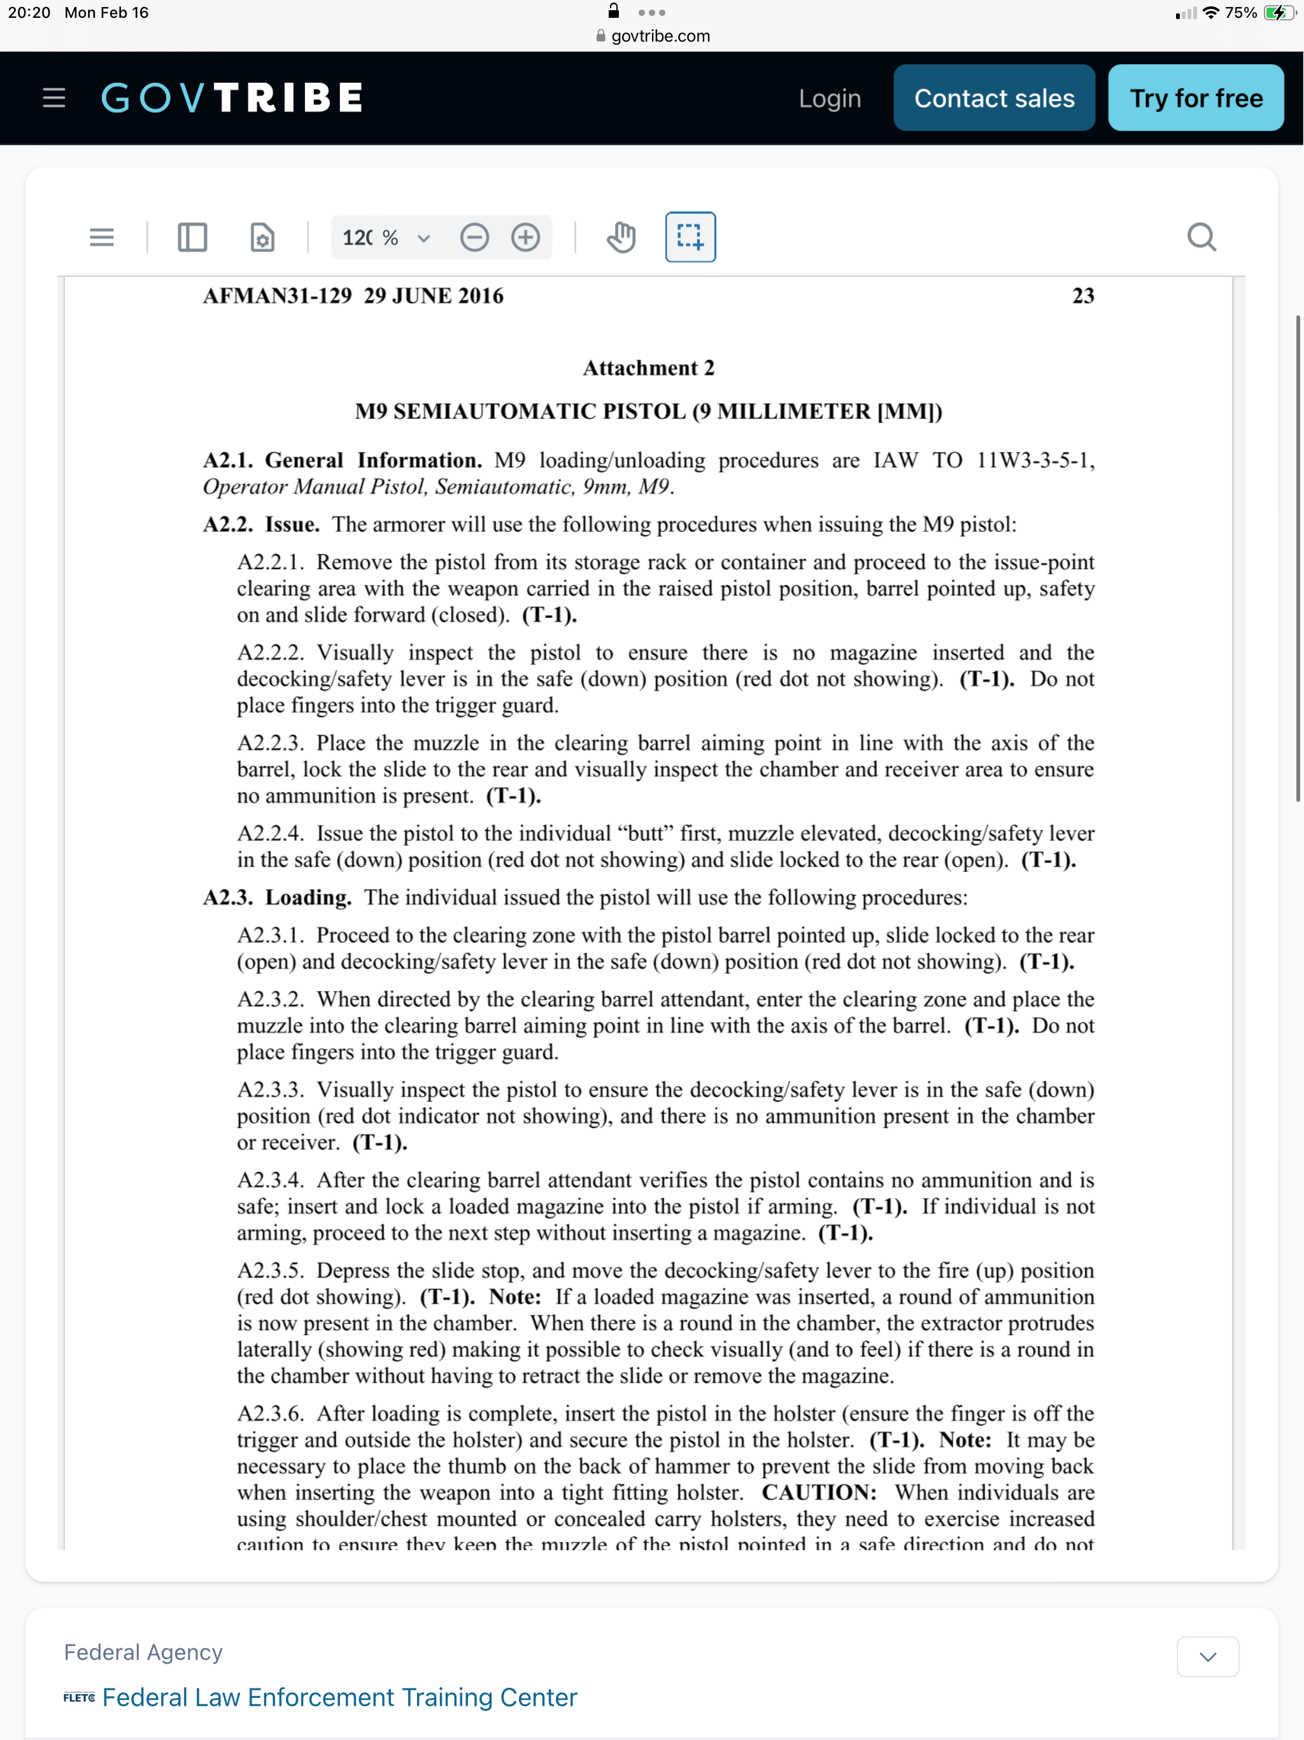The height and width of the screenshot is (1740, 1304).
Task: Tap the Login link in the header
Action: (830, 98)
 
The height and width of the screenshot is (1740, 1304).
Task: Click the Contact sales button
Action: (993, 98)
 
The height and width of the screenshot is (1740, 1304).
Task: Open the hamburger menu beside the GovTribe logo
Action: (53, 98)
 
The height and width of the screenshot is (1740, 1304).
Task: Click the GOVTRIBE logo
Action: (232, 98)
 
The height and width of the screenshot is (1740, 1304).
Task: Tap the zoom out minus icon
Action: (474, 237)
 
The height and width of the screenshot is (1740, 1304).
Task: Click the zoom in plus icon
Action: (525, 237)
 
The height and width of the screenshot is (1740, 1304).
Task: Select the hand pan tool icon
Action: (621, 237)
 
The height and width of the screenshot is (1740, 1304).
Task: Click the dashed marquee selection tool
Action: (690, 237)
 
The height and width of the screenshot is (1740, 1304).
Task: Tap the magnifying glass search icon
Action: (1201, 237)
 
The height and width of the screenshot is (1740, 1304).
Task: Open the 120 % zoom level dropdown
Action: (386, 238)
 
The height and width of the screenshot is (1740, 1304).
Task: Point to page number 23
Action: (1083, 296)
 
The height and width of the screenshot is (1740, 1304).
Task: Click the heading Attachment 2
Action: (648, 368)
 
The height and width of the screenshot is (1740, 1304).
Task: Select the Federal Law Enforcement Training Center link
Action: (340, 1697)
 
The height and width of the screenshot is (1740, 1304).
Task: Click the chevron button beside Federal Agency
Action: (1207, 1657)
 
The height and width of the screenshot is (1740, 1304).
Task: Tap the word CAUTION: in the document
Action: (819, 1492)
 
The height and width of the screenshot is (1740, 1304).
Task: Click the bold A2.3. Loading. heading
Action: (277, 897)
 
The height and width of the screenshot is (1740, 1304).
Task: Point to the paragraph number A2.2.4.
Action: (270, 833)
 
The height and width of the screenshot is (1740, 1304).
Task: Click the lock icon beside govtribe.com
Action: (601, 36)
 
